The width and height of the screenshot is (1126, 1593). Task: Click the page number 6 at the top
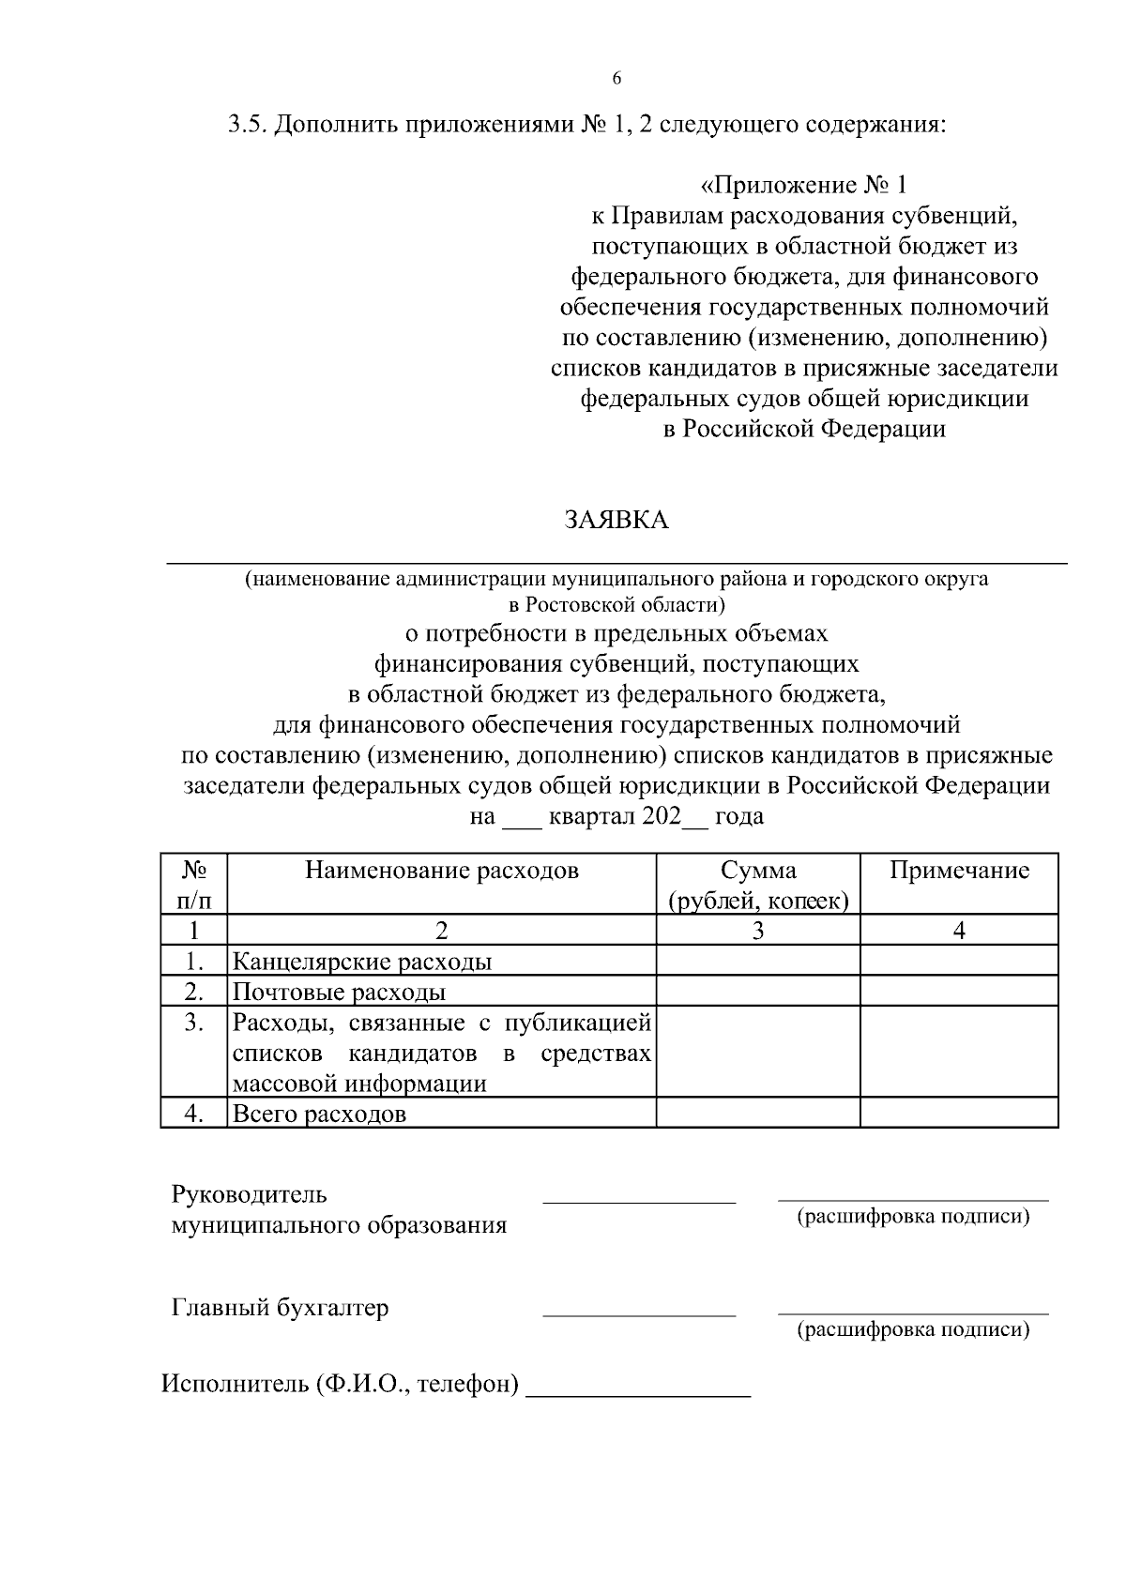616,79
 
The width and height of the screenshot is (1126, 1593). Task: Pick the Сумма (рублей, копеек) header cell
758,886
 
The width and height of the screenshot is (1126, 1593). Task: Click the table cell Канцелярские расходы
362,962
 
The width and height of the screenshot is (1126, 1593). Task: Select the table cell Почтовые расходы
339,993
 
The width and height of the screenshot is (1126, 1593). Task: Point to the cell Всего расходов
320,1115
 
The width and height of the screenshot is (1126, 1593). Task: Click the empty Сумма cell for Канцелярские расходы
758,962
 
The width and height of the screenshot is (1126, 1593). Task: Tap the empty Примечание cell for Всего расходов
959,1115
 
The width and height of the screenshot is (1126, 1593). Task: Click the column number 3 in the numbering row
758,931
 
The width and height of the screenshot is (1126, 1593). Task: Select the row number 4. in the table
194,1115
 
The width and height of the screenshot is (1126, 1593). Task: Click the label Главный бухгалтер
280,1308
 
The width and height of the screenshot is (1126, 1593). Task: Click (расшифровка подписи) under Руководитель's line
913,1218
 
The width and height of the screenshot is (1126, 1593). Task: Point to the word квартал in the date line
591,817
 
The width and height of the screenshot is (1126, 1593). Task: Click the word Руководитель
249,1195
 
